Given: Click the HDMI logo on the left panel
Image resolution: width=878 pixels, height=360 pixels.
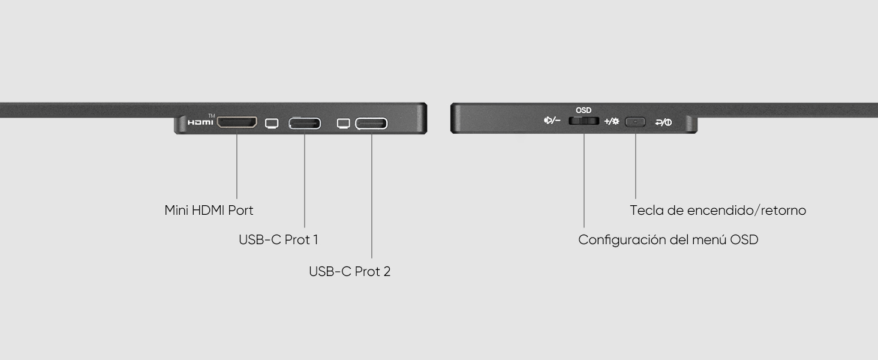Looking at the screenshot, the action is [x=200, y=122].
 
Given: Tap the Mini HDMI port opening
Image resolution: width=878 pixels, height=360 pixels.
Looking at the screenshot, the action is [x=237, y=122].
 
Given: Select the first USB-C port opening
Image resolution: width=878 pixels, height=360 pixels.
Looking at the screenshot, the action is [x=305, y=124].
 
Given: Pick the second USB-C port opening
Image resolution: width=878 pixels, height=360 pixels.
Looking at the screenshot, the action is [x=371, y=124].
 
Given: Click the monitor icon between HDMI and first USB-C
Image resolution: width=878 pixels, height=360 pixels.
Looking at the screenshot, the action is [x=272, y=124].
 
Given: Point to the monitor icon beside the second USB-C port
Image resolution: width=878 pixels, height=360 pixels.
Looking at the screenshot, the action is [x=344, y=124].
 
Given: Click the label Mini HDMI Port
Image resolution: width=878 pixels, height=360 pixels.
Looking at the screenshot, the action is [x=209, y=211].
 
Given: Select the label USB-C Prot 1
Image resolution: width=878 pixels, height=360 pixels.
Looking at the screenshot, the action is [x=278, y=240].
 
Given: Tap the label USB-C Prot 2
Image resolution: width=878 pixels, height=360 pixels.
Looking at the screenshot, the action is [x=350, y=272].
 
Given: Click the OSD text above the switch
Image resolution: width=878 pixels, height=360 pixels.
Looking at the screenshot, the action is [x=584, y=110].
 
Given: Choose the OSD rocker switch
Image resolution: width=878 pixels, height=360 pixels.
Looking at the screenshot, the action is [x=584, y=121].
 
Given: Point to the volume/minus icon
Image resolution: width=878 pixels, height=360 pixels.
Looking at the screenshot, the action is [x=552, y=121].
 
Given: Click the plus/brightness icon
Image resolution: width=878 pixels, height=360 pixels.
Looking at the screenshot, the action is [x=612, y=121].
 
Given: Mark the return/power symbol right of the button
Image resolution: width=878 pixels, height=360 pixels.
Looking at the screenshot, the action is [x=663, y=122].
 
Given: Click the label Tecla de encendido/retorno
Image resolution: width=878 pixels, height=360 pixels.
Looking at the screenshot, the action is [x=718, y=211].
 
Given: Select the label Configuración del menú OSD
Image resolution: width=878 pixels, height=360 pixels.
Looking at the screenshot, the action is [x=668, y=240].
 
